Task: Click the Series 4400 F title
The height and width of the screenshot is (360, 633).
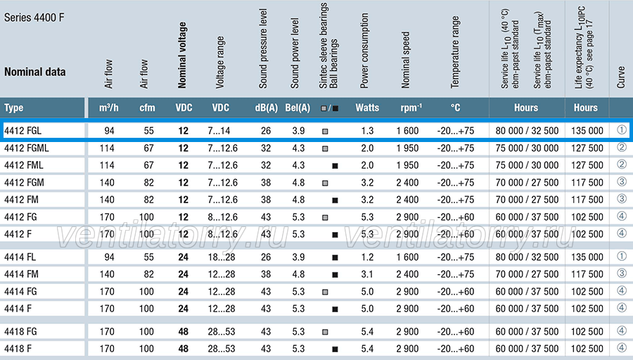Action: click(34, 18)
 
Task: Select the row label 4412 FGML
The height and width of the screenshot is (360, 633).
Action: click(27, 148)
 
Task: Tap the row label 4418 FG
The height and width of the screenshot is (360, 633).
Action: click(20, 332)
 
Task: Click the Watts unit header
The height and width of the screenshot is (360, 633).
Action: click(367, 108)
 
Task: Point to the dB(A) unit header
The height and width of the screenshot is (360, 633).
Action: click(267, 108)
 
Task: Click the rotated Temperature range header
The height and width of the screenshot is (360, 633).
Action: click(455, 52)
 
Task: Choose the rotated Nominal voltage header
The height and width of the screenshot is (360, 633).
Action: click(182, 56)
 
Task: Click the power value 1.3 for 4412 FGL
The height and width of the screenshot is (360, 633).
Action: click(367, 131)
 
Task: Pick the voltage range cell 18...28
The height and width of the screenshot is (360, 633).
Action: click(222, 257)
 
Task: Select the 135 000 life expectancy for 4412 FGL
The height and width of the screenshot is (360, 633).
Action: click(587, 131)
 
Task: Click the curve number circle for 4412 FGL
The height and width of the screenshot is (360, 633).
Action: click(622, 130)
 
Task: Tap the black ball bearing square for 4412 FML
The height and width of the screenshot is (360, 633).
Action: click(335, 166)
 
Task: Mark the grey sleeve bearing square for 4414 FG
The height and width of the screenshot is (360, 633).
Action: click(325, 292)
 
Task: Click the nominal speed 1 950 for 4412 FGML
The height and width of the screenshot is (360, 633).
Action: click(407, 148)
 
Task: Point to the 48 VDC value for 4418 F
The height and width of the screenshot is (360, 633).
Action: click(184, 349)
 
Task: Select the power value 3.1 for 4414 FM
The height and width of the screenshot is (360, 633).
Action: click(367, 274)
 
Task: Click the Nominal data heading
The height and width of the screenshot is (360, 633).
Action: click(34, 72)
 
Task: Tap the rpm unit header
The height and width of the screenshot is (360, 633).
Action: click(411, 108)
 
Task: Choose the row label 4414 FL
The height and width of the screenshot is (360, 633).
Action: click(20, 257)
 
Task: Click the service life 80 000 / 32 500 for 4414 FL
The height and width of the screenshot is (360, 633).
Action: click(527, 257)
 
